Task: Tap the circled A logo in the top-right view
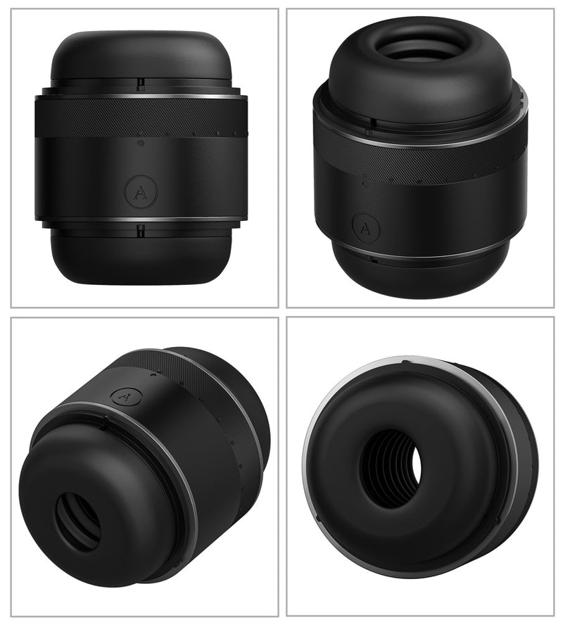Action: pos(366,229)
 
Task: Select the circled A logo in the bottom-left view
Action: pos(126,396)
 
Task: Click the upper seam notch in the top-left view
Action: pos(141,84)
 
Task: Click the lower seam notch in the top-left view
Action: pos(140,231)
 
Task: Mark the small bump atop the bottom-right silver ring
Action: pos(404,362)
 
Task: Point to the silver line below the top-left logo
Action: pos(141,219)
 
